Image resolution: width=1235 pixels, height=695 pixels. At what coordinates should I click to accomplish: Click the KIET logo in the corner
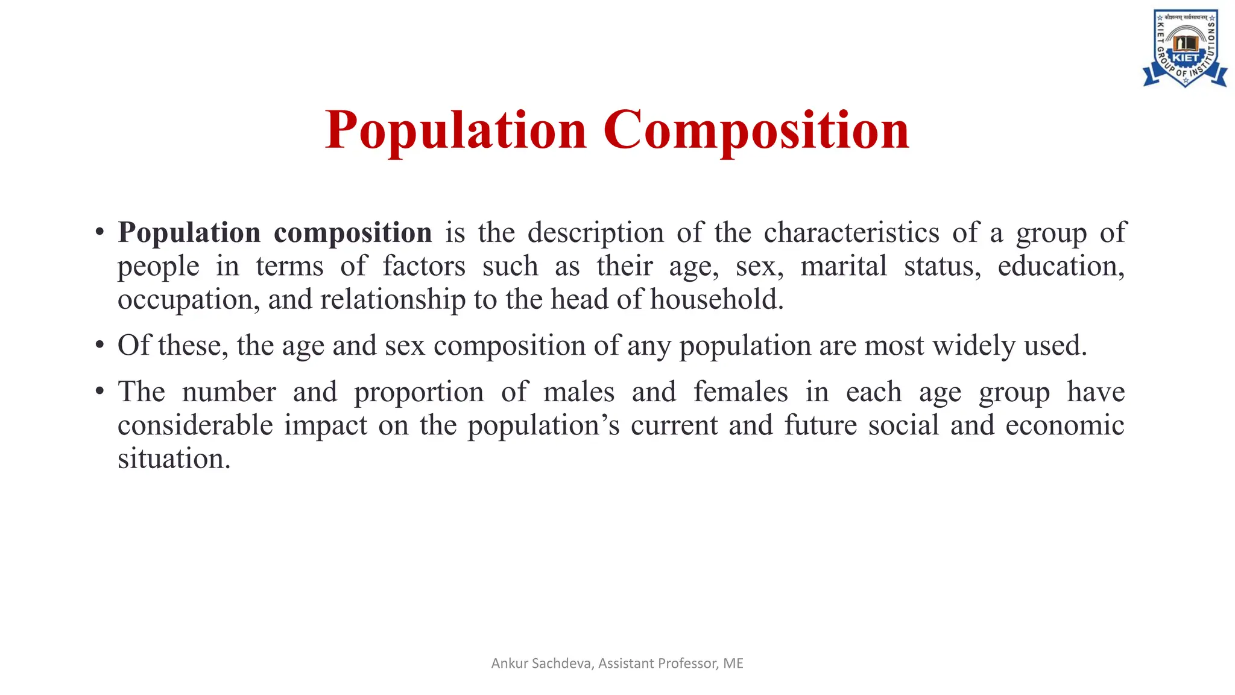point(1185,48)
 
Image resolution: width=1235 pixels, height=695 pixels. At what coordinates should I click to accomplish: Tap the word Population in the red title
point(456,130)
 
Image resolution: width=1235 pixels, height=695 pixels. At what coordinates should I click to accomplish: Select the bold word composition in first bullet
point(353,233)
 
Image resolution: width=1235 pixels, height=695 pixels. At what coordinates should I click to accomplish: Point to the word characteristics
point(851,233)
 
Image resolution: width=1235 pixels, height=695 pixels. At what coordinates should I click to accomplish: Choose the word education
point(1061,266)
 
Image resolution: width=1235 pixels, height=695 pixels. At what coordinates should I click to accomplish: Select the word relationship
point(393,300)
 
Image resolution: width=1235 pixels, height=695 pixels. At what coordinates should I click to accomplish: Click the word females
point(741,392)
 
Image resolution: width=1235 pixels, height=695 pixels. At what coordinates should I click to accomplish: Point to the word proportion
point(419,392)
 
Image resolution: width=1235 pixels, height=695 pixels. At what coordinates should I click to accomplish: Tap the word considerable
point(195,425)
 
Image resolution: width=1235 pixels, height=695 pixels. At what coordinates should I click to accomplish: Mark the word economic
point(1065,425)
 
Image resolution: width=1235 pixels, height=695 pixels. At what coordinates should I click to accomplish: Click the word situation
point(174,459)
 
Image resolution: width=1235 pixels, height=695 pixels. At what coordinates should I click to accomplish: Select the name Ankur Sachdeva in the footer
point(542,664)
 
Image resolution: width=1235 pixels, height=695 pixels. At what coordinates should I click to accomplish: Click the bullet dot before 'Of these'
point(100,346)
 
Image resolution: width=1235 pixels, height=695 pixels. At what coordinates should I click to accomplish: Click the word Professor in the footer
point(687,664)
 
